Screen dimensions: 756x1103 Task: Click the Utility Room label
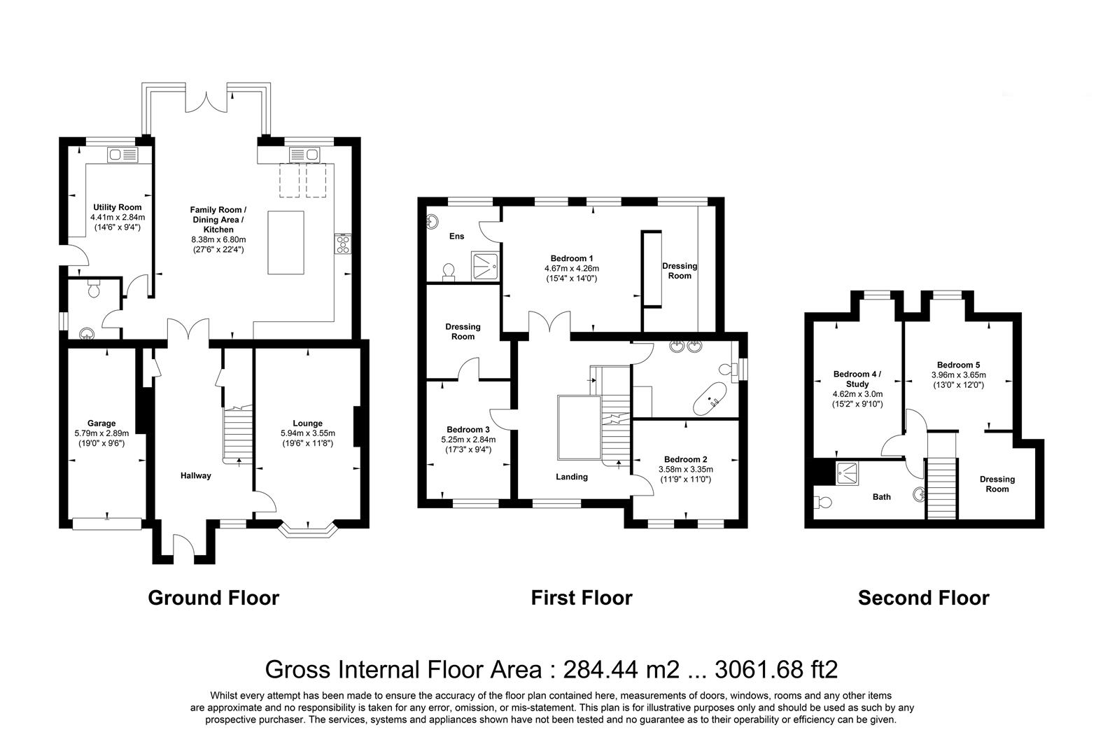(x=117, y=207)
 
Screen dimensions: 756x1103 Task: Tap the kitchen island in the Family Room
(x=286, y=242)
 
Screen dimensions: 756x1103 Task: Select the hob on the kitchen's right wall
(x=344, y=243)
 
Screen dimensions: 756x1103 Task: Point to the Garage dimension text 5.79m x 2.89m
(x=101, y=433)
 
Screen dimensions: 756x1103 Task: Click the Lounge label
(x=307, y=423)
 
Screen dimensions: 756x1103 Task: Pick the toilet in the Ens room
(x=448, y=271)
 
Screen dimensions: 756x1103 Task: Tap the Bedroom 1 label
(x=571, y=258)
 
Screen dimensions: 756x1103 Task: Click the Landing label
(x=572, y=477)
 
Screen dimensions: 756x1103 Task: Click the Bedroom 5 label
(x=958, y=365)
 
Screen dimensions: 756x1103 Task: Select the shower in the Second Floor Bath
(x=848, y=472)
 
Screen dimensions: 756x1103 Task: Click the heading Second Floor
(x=923, y=598)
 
